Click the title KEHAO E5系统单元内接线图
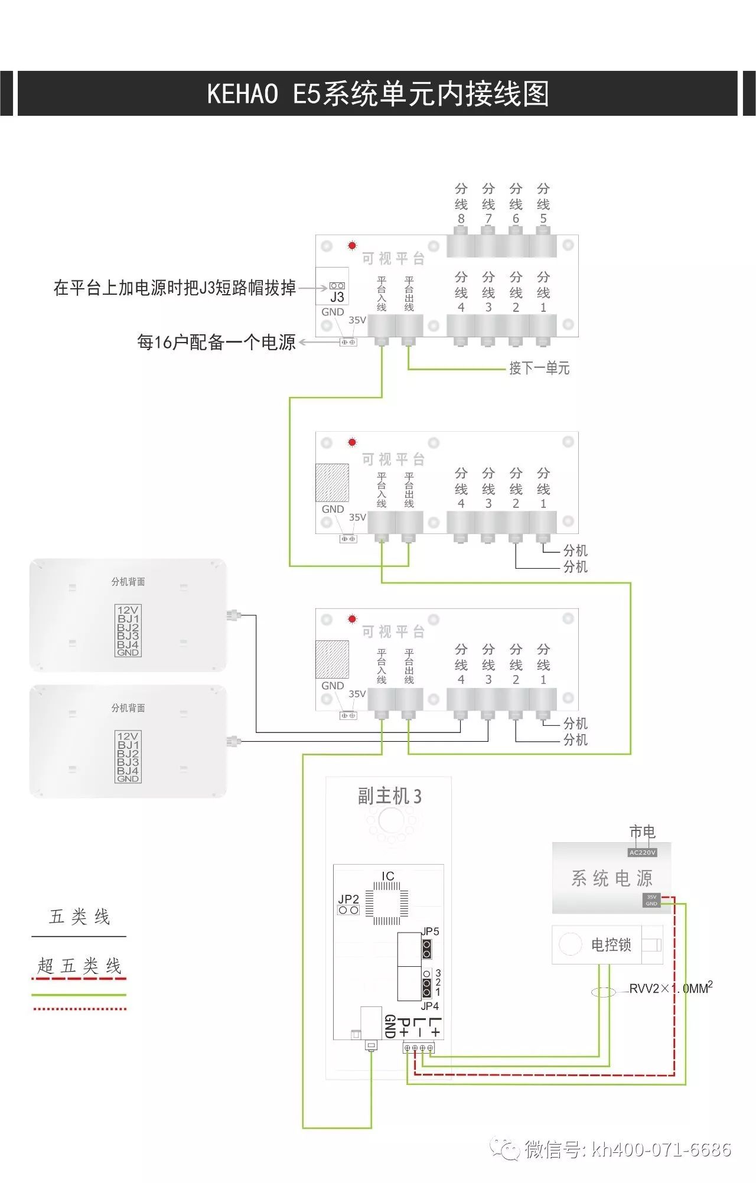[378, 94]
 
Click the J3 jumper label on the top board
[337, 297]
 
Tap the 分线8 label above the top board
[461, 203]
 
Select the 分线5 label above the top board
[543, 203]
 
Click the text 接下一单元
[539, 369]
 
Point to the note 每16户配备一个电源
[216, 342]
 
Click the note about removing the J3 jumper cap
[174, 288]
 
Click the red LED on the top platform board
[352, 245]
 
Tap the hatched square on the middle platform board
[332, 483]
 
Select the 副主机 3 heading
[389, 796]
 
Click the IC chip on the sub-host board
[387, 904]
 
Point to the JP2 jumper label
[348, 899]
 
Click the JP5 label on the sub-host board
[430, 931]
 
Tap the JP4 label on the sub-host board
[429, 1006]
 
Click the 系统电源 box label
[611, 878]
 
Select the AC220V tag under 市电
[642, 852]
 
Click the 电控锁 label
[611, 945]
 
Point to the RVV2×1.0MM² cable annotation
[670, 989]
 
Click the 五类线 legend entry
[79, 917]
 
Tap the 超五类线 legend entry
[79, 966]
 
